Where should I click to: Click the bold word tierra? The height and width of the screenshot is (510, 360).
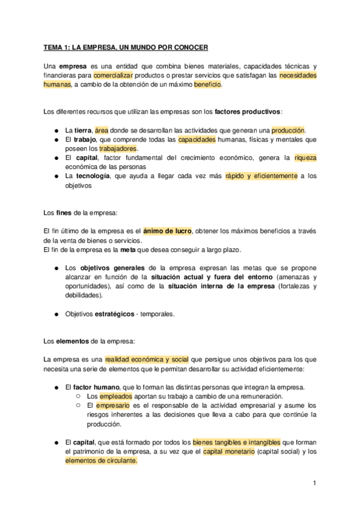[83, 130]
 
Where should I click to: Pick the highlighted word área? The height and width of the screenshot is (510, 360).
[101, 130]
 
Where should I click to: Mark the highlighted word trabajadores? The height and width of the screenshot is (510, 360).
[118, 149]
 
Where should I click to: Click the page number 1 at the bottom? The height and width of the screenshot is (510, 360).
[314, 483]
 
